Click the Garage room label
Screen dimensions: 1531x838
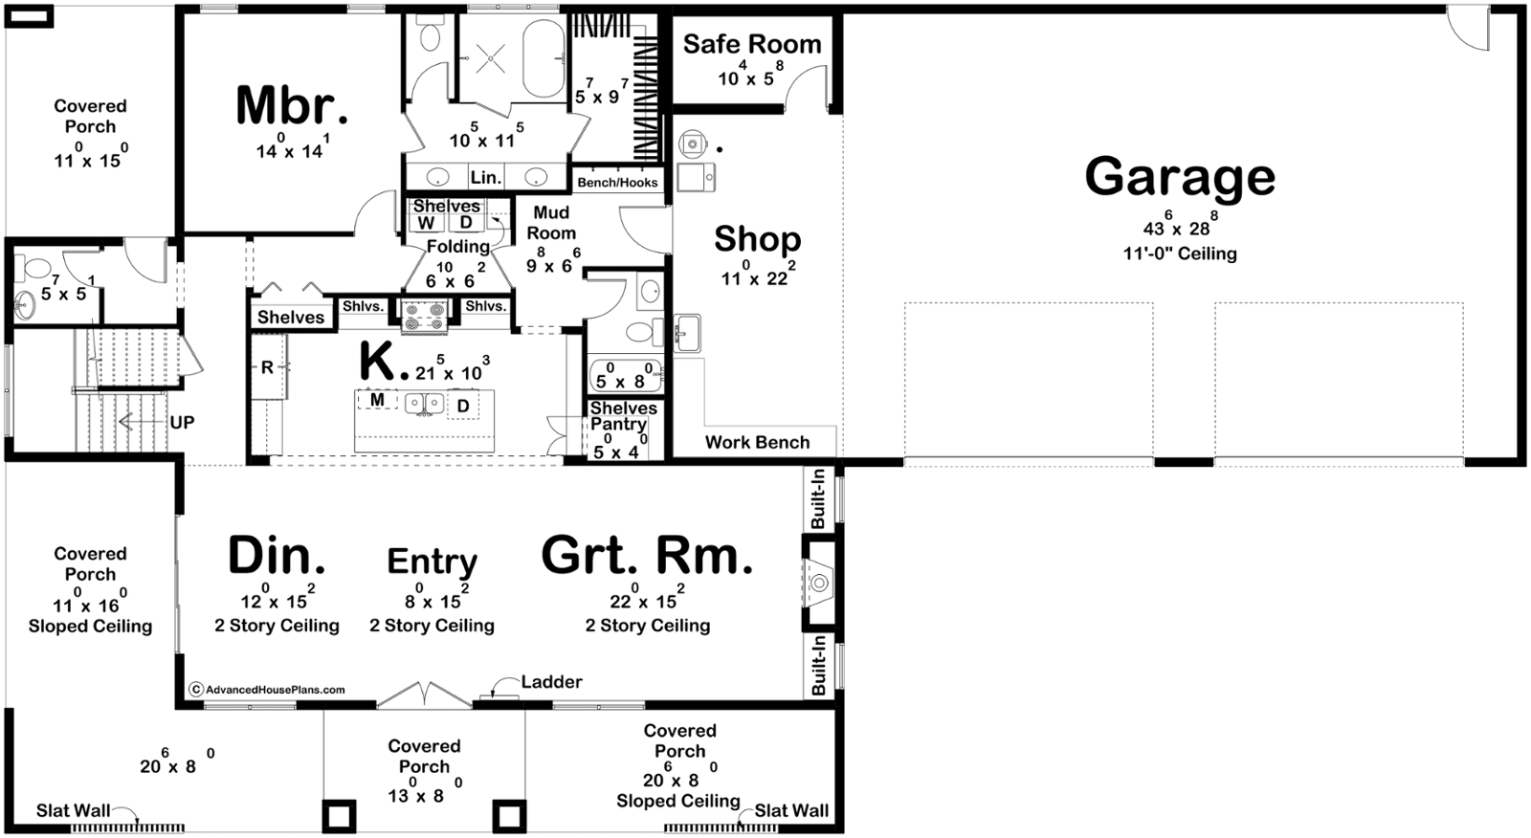(1180, 176)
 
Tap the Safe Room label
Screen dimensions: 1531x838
(752, 44)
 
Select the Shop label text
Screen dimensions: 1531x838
(757, 239)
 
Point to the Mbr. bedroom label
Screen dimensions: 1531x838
(292, 105)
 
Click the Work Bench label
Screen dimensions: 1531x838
(757, 442)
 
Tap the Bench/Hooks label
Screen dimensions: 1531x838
(618, 183)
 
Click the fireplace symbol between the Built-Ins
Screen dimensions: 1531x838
(819, 583)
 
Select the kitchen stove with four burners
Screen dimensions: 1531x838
(425, 316)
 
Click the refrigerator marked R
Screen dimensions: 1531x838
(268, 367)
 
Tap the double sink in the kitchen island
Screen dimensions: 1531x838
(425, 404)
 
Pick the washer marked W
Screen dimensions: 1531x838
(427, 223)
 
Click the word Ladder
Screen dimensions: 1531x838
(551, 681)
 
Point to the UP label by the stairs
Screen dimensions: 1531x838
(182, 423)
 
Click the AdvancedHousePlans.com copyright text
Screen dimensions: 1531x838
(268, 690)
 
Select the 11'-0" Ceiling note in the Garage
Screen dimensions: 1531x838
(1180, 254)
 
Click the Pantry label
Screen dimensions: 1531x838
(618, 424)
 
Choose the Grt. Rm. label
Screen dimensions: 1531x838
(647, 556)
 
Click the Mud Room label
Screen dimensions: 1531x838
(551, 223)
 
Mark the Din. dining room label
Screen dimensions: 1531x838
(277, 556)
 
